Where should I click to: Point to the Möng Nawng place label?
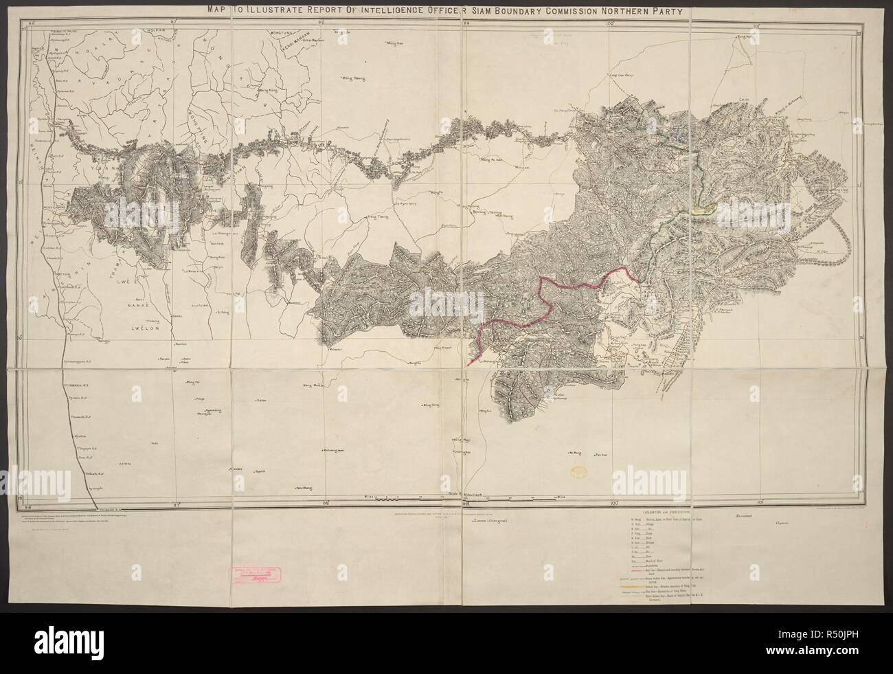[352, 78]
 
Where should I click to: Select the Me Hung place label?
[575, 453]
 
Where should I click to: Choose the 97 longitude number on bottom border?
[176, 504]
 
